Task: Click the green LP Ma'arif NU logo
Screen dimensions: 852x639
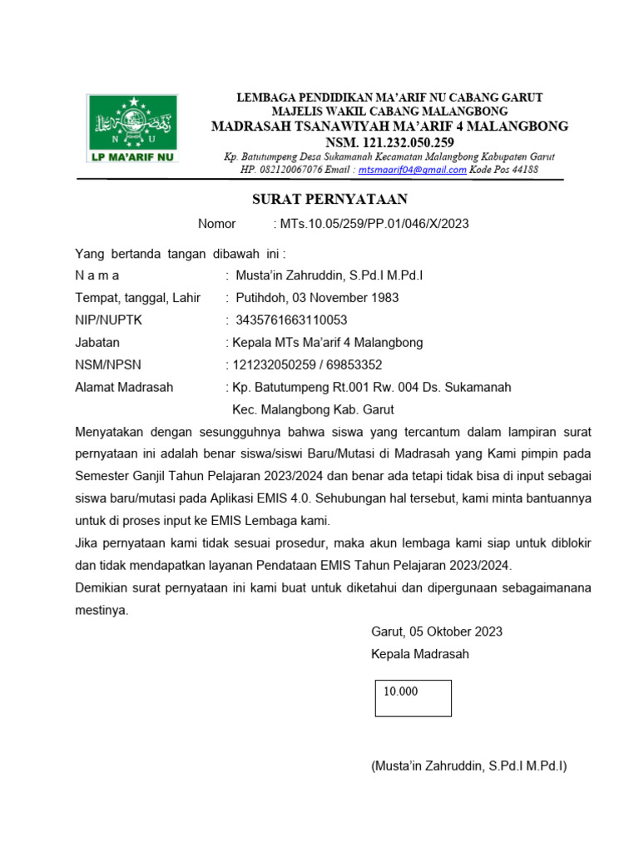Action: (x=133, y=127)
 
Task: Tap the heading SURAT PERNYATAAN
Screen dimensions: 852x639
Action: (x=330, y=200)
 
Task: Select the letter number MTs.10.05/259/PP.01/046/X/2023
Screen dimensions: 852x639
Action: (x=371, y=224)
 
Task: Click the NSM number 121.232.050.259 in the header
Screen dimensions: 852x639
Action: (x=390, y=142)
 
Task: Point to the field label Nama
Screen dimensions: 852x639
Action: (x=97, y=275)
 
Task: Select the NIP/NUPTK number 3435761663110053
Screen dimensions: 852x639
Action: (x=291, y=320)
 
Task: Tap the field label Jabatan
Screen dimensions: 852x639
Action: (x=97, y=343)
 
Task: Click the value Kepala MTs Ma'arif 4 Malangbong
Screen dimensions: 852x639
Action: (x=327, y=343)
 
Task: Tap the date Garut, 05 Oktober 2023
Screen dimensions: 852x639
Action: (x=436, y=632)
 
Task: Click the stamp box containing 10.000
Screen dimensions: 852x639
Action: (x=413, y=698)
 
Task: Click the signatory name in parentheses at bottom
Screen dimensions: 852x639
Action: (x=468, y=765)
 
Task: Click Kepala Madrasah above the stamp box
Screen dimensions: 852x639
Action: (x=419, y=654)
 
